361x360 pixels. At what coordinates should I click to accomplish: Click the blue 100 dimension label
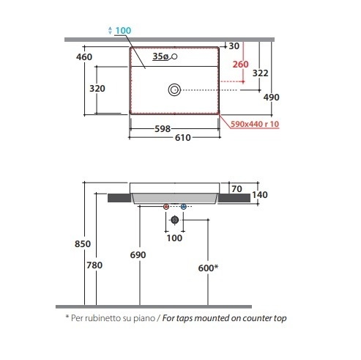click(x=123, y=31)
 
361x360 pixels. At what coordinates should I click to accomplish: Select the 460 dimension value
click(x=84, y=57)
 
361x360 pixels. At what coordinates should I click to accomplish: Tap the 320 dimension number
click(x=97, y=89)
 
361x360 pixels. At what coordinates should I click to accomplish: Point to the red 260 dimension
click(x=240, y=65)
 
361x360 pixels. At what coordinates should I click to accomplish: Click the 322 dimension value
click(x=260, y=73)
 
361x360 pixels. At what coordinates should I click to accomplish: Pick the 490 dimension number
click(x=271, y=98)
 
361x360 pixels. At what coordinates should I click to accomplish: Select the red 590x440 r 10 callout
click(x=255, y=124)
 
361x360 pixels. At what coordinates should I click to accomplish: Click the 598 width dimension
click(x=163, y=129)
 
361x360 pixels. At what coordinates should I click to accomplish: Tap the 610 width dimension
click(x=183, y=138)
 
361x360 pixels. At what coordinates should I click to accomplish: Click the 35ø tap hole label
click(x=160, y=56)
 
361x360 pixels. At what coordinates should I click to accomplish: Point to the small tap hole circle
click(x=174, y=56)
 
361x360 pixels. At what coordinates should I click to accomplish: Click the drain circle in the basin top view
click(x=174, y=90)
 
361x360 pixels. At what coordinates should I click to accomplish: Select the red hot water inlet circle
click(x=166, y=207)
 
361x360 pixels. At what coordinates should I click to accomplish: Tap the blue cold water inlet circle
click(x=184, y=207)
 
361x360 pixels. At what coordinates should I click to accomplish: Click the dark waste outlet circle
click(x=174, y=220)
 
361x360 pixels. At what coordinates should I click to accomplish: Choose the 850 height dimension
click(x=83, y=244)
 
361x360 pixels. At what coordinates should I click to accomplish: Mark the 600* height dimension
click(x=208, y=268)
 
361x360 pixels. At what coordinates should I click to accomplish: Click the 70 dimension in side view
click(x=237, y=189)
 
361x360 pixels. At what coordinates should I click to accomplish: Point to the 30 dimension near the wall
click(x=234, y=46)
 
